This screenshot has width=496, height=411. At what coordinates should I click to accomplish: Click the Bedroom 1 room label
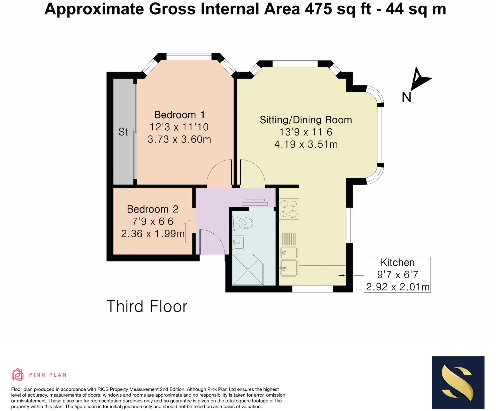[x=179, y=115]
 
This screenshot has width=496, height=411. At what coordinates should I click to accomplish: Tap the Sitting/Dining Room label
[x=306, y=120]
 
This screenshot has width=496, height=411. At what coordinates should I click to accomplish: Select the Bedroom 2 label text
[x=153, y=209]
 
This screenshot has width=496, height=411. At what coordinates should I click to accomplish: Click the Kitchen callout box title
[x=398, y=263]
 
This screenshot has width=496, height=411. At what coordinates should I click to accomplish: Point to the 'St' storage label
[x=123, y=132]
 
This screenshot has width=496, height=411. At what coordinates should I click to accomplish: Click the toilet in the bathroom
[x=243, y=223]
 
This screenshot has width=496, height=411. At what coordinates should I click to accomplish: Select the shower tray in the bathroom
[x=248, y=270]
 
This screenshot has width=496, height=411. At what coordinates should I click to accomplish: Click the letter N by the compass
[x=406, y=97]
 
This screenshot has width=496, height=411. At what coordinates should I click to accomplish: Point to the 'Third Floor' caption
[x=147, y=306]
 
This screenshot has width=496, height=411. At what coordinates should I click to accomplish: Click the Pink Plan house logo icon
[x=18, y=374]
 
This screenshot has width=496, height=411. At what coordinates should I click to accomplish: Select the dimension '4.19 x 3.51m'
[x=306, y=144]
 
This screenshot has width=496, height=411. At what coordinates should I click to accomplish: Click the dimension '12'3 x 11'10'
[x=179, y=127]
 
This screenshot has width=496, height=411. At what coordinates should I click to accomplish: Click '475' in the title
[x=319, y=9]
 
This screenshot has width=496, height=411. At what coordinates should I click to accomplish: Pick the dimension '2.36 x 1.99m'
[x=153, y=234]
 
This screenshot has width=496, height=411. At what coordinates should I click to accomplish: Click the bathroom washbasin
[x=239, y=243]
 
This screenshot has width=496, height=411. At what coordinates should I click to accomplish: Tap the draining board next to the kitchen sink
[x=289, y=239]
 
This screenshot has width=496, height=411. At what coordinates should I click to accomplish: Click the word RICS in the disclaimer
[x=104, y=389]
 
